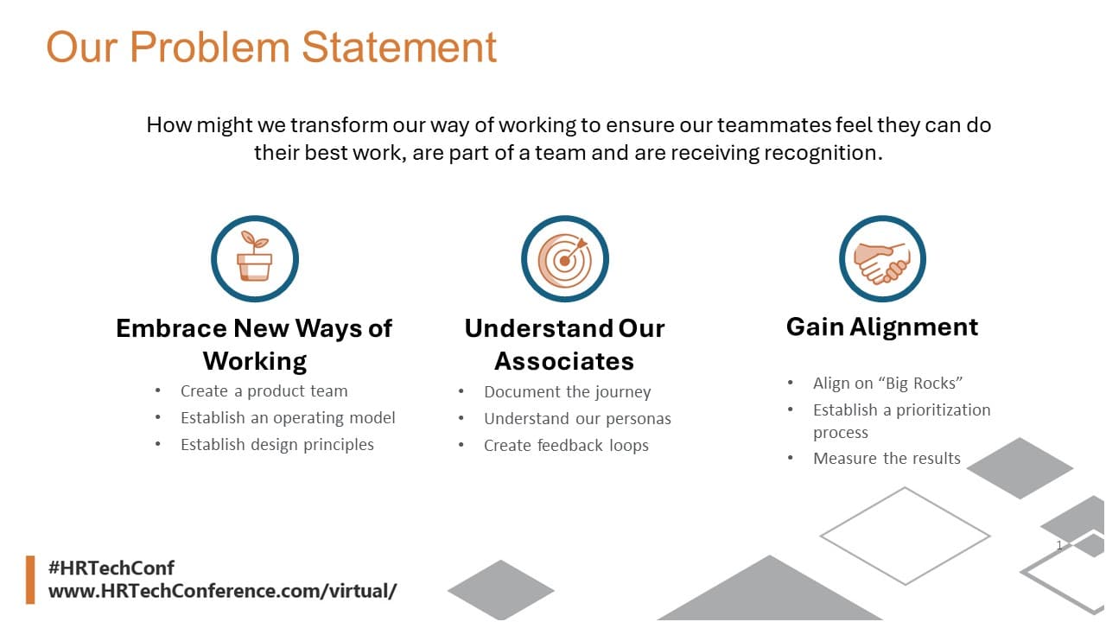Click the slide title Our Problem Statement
click(271, 48)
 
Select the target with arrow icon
click(565, 258)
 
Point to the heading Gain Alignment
click(882, 327)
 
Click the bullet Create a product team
click(264, 391)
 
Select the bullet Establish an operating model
click(288, 417)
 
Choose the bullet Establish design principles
click(277, 444)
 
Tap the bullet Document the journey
click(568, 392)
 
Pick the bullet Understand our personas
click(577, 419)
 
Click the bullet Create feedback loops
click(566, 445)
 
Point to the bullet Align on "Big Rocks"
click(887, 383)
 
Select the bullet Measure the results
click(887, 459)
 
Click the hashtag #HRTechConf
click(111, 568)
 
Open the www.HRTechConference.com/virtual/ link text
click(222, 591)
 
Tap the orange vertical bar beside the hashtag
click(30, 580)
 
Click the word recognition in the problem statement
click(823, 153)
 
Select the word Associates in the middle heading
click(564, 361)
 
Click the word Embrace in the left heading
click(171, 328)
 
